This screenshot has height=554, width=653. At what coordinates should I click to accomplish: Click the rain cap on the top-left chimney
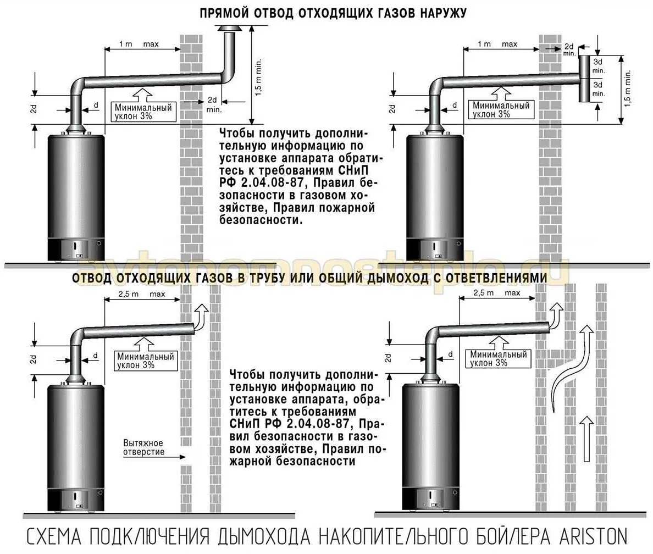click(228, 29)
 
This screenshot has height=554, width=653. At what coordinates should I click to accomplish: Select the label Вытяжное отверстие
click(143, 447)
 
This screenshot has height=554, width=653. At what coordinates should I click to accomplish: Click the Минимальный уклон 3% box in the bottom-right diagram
click(499, 358)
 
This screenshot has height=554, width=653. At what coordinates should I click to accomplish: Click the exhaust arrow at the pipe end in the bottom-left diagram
click(201, 317)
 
